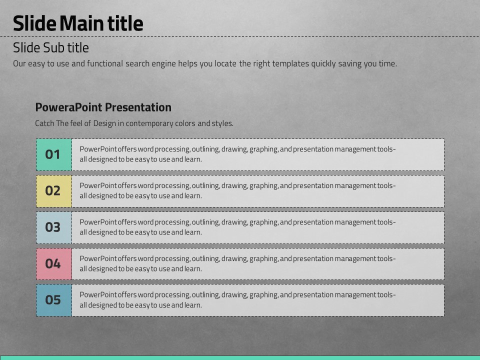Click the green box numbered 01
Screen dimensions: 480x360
(54, 154)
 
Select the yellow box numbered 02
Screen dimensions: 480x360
(54, 191)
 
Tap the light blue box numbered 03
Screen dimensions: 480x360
(54, 227)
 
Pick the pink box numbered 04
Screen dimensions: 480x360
(54, 264)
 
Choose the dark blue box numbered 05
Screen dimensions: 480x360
(54, 300)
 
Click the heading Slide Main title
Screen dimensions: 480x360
(78, 23)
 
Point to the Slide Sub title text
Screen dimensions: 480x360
(51, 47)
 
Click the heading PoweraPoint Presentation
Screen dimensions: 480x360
(103, 107)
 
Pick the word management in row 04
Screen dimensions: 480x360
(355, 258)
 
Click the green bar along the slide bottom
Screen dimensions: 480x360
(240, 358)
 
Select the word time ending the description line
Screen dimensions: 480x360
(388, 63)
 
